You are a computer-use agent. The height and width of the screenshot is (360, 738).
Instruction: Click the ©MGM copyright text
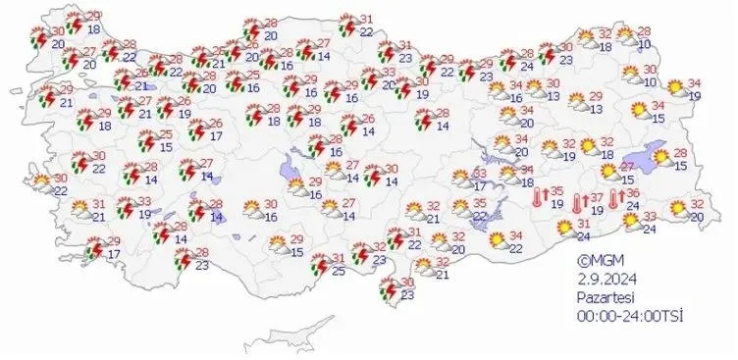[x=599, y=262]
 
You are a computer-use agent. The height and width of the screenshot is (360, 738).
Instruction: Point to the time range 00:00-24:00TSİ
[x=628, y=314]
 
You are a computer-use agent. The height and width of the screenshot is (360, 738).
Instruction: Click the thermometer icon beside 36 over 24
[x=616, y=200]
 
